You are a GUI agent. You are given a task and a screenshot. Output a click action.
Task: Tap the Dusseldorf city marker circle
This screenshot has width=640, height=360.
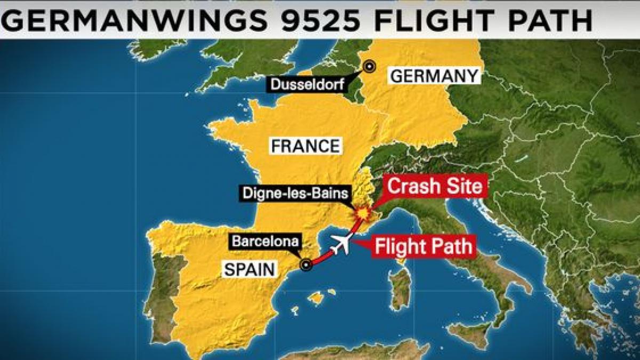tap(369, 66)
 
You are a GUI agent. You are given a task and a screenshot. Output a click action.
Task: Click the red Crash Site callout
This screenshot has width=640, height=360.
tap(435, 187)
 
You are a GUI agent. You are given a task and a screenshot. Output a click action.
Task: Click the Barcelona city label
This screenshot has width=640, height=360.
tap(265, 241)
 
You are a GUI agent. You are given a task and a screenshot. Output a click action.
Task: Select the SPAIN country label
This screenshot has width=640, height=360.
tap(250, 269)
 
